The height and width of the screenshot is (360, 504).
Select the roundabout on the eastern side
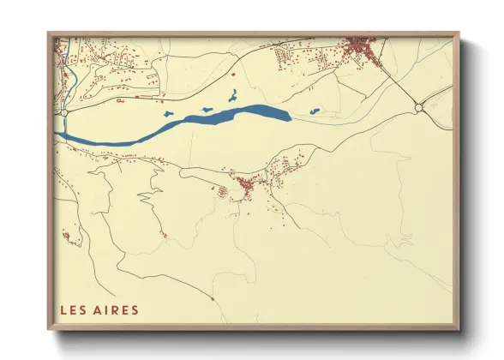(418, 107)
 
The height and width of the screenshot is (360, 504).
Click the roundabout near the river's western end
(63, 112)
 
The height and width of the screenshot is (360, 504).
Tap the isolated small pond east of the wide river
(314, 111)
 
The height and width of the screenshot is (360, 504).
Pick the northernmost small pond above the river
(231, 96)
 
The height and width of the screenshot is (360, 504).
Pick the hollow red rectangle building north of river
(120, 101)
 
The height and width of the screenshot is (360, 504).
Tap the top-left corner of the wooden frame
(49, 33)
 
